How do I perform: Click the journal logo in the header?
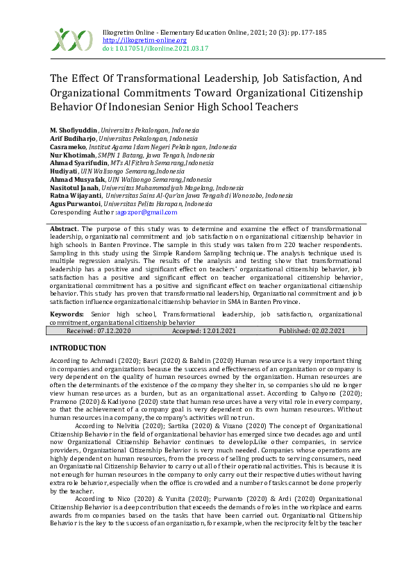pyautogui.click(x=71, y=40)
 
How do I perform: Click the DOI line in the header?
pyautogui.click(x=155, y=49)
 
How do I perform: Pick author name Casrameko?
pyautogui.click(x=68, y=146)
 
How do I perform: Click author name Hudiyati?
pyautogui.click(x=64, y=171)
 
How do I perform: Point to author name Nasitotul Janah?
pyautogui.click(x=74, y=187)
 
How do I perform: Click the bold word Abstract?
pyautogui.click(x=64, y=228)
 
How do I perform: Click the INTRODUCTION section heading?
pyautogui.click(x=78, y=347)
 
